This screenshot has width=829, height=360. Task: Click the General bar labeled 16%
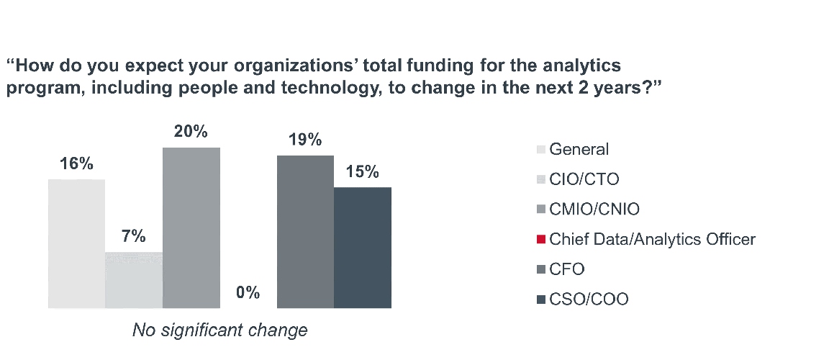(76, 243)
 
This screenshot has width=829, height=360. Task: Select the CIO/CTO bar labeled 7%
(134, 280)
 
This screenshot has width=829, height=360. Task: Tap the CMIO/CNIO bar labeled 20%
(191, 228)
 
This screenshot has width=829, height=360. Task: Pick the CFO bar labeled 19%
(305, 232)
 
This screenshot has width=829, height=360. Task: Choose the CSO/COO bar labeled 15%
(363, 248)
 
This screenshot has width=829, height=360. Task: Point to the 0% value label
(248, 293)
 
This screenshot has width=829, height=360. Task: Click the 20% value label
(191, 132)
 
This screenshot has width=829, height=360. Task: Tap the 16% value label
(76, 164)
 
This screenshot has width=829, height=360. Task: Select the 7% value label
(134, 237)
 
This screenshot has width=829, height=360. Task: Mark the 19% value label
(305, 140)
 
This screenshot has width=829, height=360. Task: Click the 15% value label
(363, 172)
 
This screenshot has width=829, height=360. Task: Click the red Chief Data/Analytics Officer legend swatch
(541, 239)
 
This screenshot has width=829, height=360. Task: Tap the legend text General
(579, 150)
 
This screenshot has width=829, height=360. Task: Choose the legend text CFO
(566, 269)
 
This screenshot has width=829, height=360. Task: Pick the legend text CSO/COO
(589, 299)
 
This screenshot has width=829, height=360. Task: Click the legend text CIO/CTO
(584, 179)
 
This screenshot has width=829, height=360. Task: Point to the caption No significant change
(220, 330)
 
